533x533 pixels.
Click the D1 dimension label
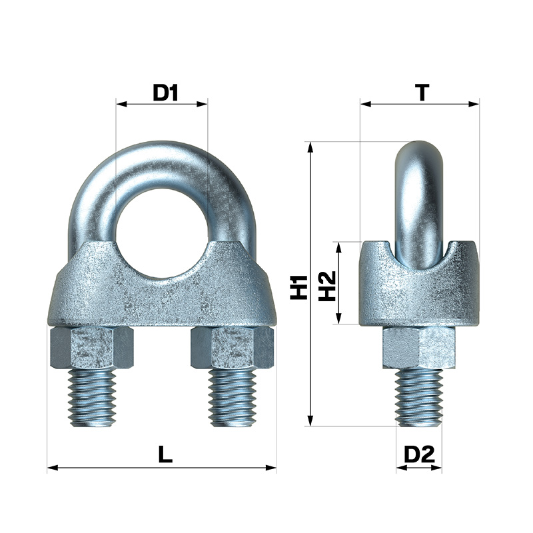coord(165,93)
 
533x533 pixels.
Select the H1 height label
coord(298,287)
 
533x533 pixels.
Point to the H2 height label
coord(327,286)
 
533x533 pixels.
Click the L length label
coord(165,454)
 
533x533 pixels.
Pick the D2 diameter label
coord(420,454)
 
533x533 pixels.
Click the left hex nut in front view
coord(92,347)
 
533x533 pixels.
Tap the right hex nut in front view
coord(232,347)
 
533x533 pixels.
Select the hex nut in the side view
coord(419,347)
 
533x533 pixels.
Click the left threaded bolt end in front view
coord(92,398)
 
